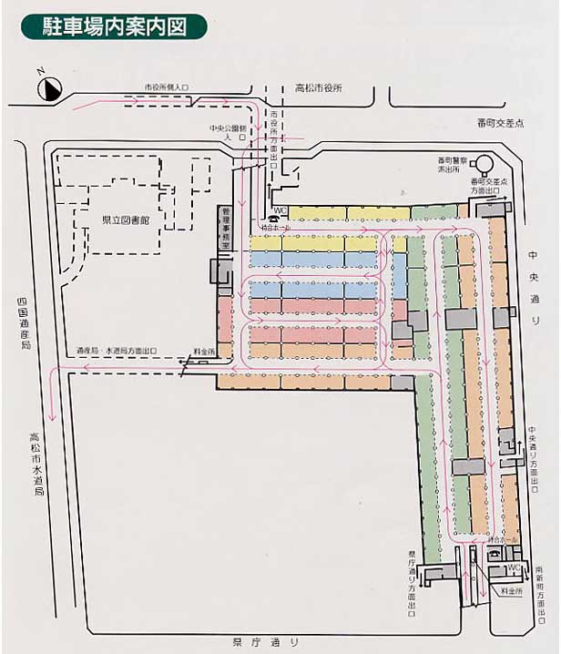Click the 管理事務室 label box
[x=225, y=229]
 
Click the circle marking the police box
[x=483, y=165]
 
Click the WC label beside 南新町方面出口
[x=513, y=567]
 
